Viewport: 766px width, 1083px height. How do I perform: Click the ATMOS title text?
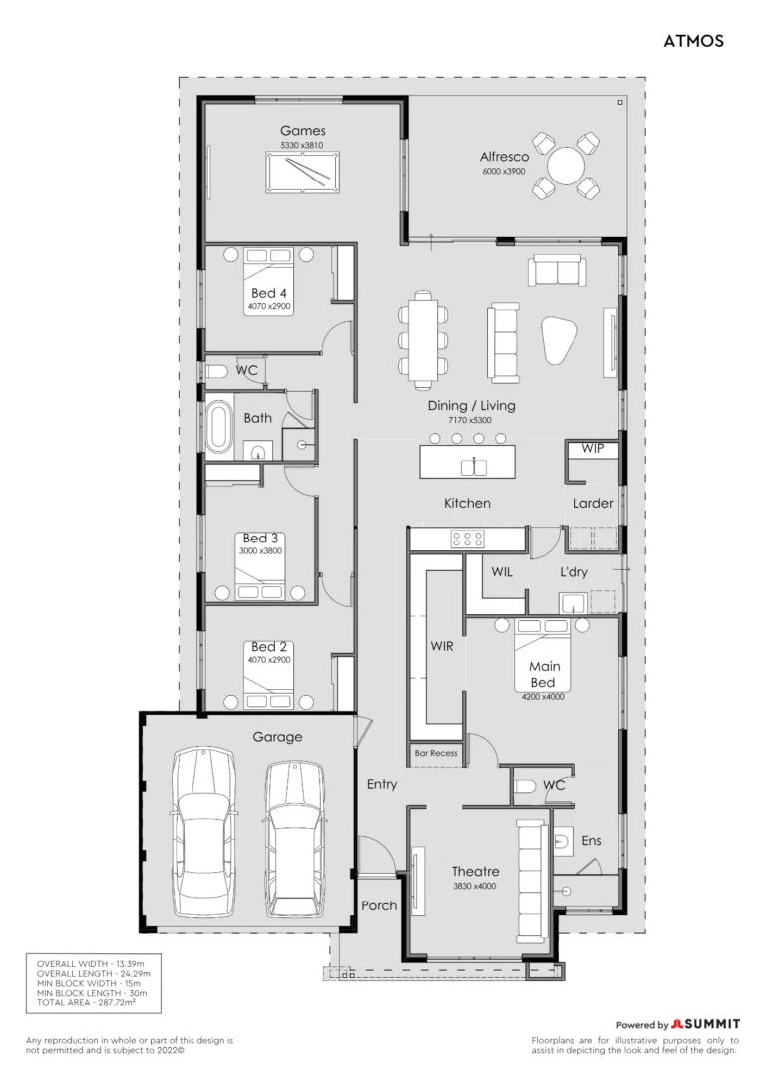[x=693, y=41]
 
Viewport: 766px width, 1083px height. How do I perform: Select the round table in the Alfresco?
[x=566, y=166]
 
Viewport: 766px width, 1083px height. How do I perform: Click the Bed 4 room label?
[x=268, y=293]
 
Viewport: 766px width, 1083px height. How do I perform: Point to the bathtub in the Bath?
[x=219, y=425]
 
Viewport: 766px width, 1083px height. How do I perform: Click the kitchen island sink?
[x=474, y=467]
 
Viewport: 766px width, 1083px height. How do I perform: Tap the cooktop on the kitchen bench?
[x=467, y=539]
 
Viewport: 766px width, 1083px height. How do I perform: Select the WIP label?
[x=592, y=448]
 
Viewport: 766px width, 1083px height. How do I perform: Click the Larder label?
[x=593, y=503]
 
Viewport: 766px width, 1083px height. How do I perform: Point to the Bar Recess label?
[x=436, y=753]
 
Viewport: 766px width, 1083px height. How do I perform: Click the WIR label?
[x=442, y=646]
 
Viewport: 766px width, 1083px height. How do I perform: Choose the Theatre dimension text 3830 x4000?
[x=475, y=886]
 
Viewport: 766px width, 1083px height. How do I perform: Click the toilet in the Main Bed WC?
[x=527, y=786]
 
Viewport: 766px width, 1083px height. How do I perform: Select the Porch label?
[x=379, y=905]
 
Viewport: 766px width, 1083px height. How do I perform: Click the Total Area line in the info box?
[x=87, y=1002]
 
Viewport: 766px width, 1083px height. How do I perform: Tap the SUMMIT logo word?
[x=712, y=1024]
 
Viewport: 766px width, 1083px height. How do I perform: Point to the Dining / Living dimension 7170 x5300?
[x=470, y=420]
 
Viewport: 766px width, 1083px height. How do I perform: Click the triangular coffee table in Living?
[x=559, y=339]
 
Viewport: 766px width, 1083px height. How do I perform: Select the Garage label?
[x=277, y=737]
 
